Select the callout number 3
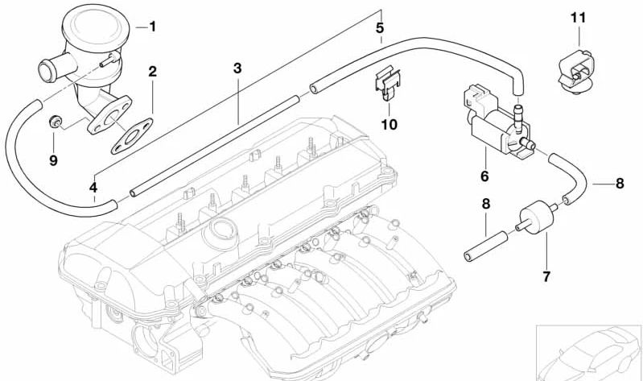[x=237, y=68]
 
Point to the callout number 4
[x=93, y=188]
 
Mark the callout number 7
[x=546, y=277]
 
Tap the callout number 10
[x=389, y=124]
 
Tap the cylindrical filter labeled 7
[x=535, y=217]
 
